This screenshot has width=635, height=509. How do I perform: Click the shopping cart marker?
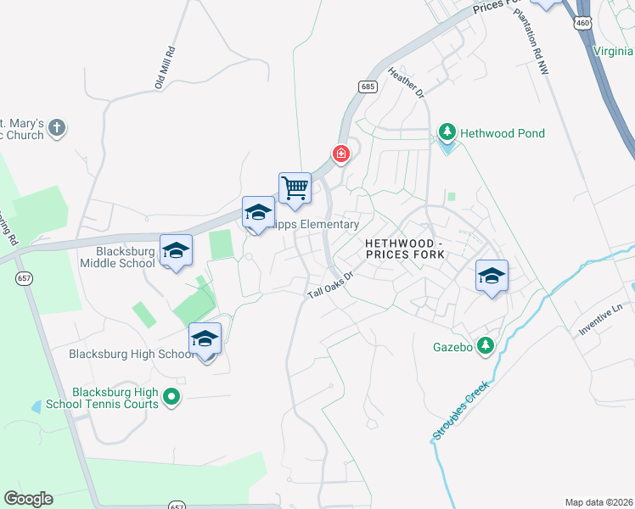coord(295,187)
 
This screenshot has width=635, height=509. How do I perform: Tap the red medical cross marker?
coord(341,154)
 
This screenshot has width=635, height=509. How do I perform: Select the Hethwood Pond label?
coord(502,133)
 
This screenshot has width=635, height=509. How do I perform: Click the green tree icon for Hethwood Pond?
coord(447,133)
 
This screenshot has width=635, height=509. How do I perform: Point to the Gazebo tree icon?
coord(485,345)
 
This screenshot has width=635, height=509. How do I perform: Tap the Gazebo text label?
coord(452,346)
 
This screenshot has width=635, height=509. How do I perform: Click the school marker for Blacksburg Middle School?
coord(177,250)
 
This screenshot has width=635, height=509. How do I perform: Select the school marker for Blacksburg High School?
coord(205,339)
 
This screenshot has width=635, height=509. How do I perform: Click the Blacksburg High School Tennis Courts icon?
coord(171,396)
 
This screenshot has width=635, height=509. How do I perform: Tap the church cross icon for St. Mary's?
coord(56,128)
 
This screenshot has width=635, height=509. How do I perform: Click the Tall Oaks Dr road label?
coord(329,284)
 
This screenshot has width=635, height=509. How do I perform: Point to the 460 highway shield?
coord(582,24)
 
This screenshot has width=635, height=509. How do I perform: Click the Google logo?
coord(28,499)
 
